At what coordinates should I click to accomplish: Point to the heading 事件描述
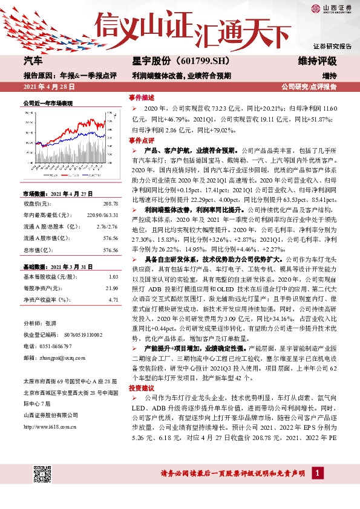(x=142, y=97)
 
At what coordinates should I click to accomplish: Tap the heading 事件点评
(x=142, y=140)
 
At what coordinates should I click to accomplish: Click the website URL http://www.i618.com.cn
(x=51, y=427)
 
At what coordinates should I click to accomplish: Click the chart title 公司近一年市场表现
(x=48, y=103)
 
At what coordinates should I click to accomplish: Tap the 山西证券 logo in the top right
(x=331, y=7)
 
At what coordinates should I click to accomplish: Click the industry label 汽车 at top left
(x=33, y=62)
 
